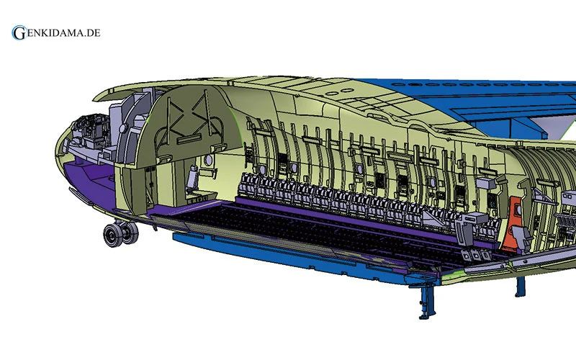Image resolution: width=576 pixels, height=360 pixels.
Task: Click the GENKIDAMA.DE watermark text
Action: click(x=56, y=32)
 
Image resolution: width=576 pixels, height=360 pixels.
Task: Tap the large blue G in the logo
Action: click(x=19, y=32)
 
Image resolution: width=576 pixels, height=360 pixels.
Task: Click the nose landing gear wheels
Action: click(x=120, y=233)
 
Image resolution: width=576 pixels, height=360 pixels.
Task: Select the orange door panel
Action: click(x=515, y=222)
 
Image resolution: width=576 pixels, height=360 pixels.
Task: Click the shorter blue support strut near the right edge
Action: click(x=520, y=286)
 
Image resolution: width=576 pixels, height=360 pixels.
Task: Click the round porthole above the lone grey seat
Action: click(x=208, y=160)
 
